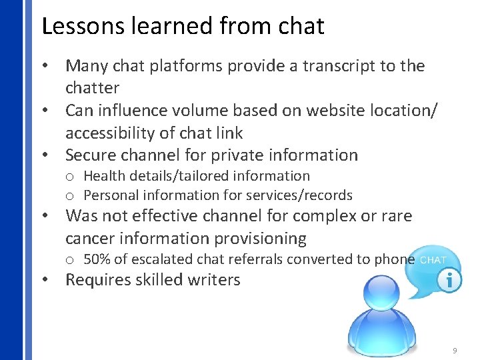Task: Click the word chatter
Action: [x=92, y=88]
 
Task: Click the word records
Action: [x=328, y=195]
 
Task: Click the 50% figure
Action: [x=96, y=259]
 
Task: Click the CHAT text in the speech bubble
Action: [x=433, y=260]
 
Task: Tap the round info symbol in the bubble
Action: [x=451, y=281]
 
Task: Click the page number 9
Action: [x=454, y=349]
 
